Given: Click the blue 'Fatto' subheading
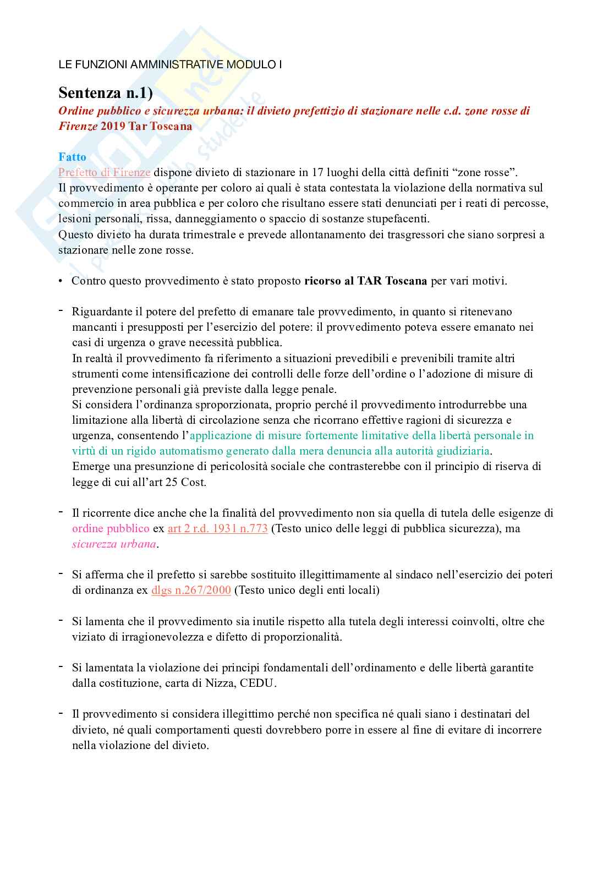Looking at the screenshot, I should click(72, 157).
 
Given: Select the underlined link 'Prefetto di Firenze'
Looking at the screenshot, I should click(104, 172).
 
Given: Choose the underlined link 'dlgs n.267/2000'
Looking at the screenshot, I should click(191, 591).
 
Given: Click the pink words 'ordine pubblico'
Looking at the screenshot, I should click(111, 529).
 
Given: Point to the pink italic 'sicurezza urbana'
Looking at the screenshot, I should click(114, 544).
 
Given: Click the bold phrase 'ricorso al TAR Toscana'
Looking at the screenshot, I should click(365, 281).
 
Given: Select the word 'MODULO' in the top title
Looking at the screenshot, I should click(250, 64).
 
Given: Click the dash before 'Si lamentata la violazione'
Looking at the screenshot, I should click(61, 666).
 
